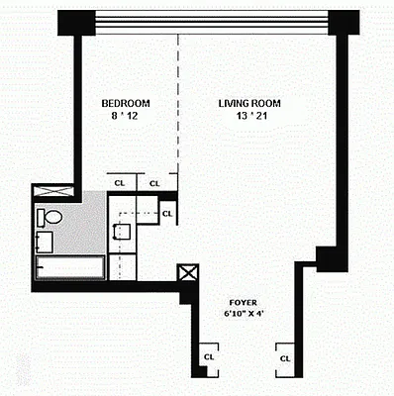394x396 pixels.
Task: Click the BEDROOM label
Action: (x=125, y=102)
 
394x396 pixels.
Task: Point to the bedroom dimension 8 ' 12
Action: (x=125, y=116)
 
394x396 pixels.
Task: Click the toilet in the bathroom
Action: (x=50, y=216)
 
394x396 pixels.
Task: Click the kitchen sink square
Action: (x=123, y=233)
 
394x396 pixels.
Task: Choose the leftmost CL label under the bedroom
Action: (x=120, y=183)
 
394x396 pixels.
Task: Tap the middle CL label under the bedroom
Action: (x=153, y=183)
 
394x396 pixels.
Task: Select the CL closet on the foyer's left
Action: (x=208, y=356)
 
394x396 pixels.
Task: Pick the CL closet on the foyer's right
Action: (x=284, y=356)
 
